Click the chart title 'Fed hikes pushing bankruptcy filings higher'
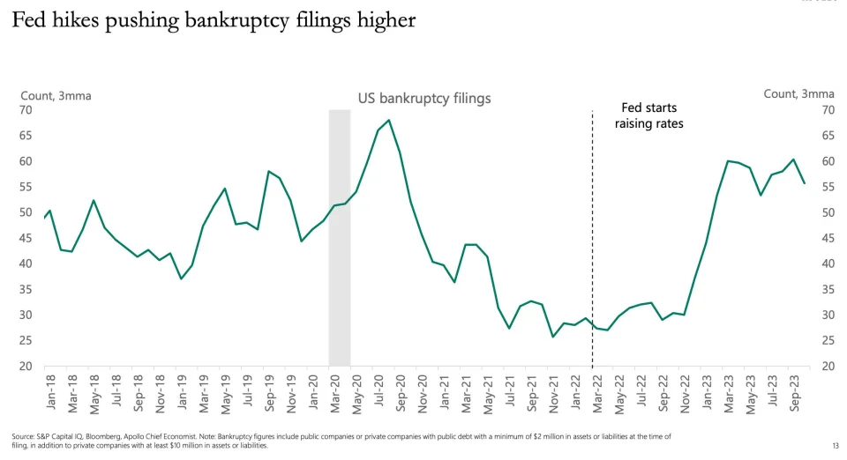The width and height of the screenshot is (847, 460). (213, 21)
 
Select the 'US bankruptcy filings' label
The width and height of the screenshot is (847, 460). (423, 99)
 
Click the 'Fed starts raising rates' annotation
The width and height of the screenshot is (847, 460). (648, 115)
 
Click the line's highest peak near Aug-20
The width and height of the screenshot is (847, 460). (389, 120)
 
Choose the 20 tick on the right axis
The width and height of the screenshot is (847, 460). (828, 367)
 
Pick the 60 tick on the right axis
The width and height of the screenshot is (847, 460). (828, 161)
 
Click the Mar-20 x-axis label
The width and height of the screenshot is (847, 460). (335, 390)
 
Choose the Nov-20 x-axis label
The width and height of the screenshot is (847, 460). (423, 390)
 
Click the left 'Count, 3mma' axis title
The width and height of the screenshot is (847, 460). (56, 94)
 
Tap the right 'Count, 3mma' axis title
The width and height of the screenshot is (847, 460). (798, 93)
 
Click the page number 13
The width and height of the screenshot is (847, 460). (834, 445)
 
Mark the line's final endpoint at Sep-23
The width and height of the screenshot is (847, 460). (804, 183)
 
